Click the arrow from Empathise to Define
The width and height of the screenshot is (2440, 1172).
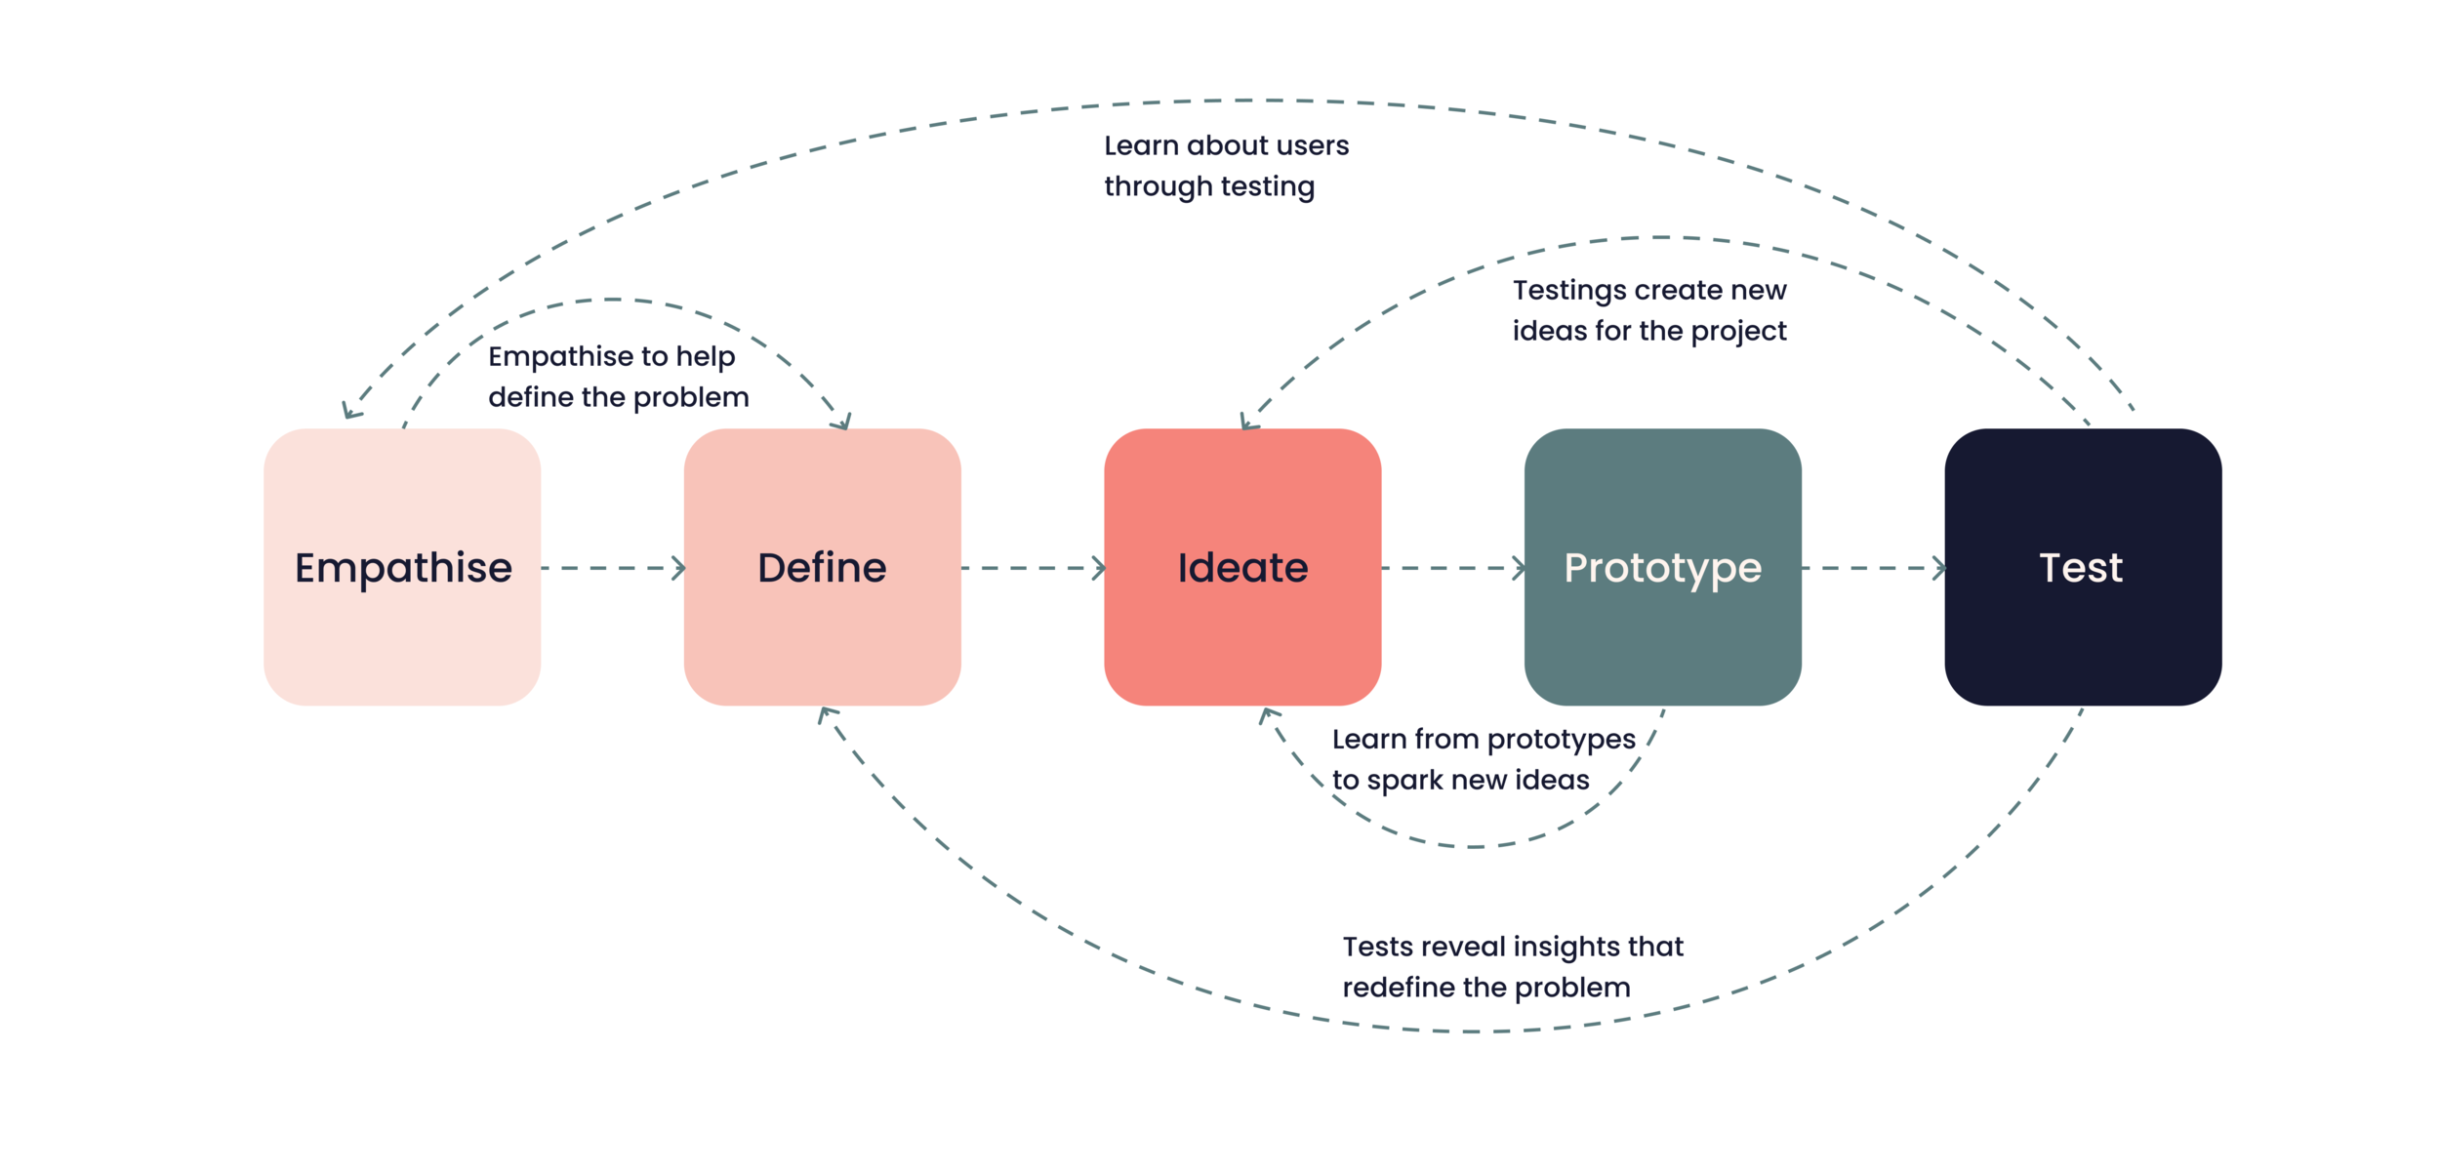click(613, 568)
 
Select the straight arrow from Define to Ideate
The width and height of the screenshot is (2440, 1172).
click(1033, 568)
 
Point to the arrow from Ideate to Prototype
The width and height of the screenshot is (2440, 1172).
click(1453, 568)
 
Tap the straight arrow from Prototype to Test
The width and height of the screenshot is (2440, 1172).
click(1873, 568)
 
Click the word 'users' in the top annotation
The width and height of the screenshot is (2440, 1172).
click(1317, 146)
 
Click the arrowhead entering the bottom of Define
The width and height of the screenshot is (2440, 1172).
click(826, 714)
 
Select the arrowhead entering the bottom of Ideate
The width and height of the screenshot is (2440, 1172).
click(1267, 715)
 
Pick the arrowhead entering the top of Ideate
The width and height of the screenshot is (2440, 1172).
click(1247, 422)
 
